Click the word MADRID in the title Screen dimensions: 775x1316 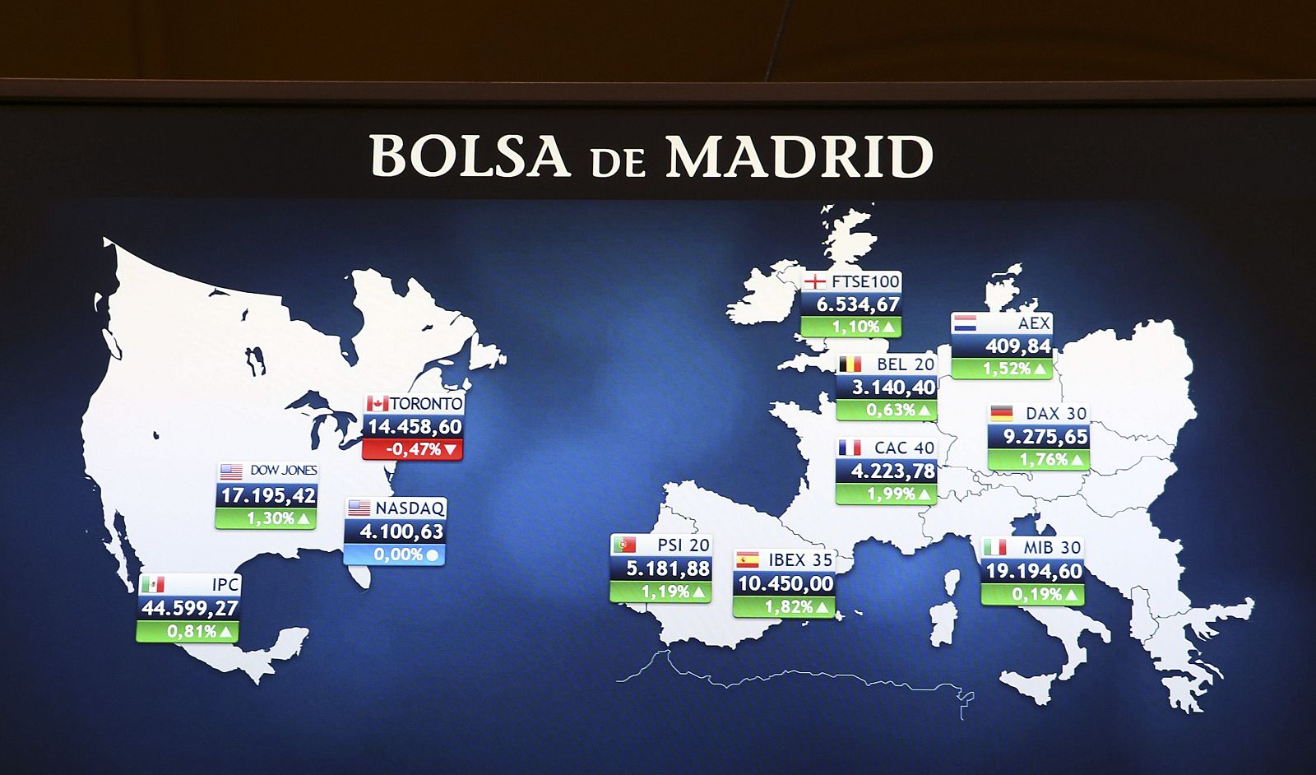pyautogui.click(x=799, y=156)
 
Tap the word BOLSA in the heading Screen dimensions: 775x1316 pyautogui.click(x=470, y=156)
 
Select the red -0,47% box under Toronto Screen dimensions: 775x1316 pyautogui.click(x=413, y=449)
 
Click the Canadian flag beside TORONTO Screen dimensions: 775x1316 pyautogui.click(x=378, y=403)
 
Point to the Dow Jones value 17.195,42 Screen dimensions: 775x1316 pyautogui.click(x=267, y=495)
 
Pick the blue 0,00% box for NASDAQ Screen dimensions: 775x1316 pyautogui.click(x=395, y=555)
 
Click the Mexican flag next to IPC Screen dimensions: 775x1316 pyautogui.click(x=152, y=584)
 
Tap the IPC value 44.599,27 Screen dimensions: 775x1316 pyautogui.click(x=189, y=608)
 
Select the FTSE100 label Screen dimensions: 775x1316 pyautogui.click(x=865, y=281)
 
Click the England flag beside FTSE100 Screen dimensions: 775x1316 pyautogui.click(x=814, y=281)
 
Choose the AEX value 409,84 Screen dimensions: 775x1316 pyautogui.click(x=1017, y=346)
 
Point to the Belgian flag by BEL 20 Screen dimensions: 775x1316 pyautogui.click(x=850, y=364)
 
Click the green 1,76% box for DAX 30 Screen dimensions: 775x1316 pyautogui.click(x=1040, y=459)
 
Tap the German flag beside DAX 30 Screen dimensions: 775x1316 pyautogui.click(x=1001, y=413)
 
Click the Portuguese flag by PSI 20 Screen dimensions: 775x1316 pyautogui.click(x=623, y=545)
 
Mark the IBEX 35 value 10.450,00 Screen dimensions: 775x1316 pyautogui.click(x=785, y=584)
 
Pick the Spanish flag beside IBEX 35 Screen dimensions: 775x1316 pyautogui.click(x=747, y=560)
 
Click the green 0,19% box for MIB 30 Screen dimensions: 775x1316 pyautogui.click(x=1033, y=594)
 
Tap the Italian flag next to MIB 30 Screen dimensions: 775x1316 pyautogui.click(x=994, y=547)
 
